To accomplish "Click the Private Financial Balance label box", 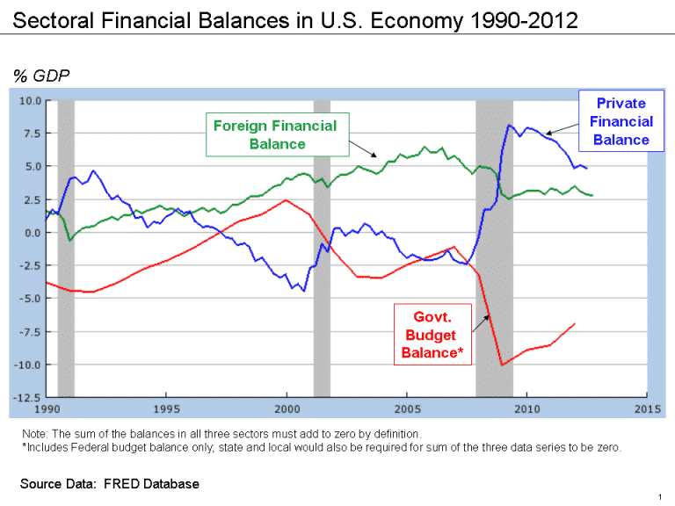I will pos(621,121).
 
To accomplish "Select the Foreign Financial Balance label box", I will pos(275,134).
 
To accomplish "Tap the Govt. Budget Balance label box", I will pos(432,335).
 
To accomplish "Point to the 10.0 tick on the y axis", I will pos(30,100).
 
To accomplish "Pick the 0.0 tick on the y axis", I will pos(32,233).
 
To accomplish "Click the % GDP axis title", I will pos(40,76).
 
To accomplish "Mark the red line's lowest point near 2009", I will pos(501,365).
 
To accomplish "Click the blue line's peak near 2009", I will pos(510,125).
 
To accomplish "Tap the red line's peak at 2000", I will pos(285,200).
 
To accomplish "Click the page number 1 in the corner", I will pos(658,496).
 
